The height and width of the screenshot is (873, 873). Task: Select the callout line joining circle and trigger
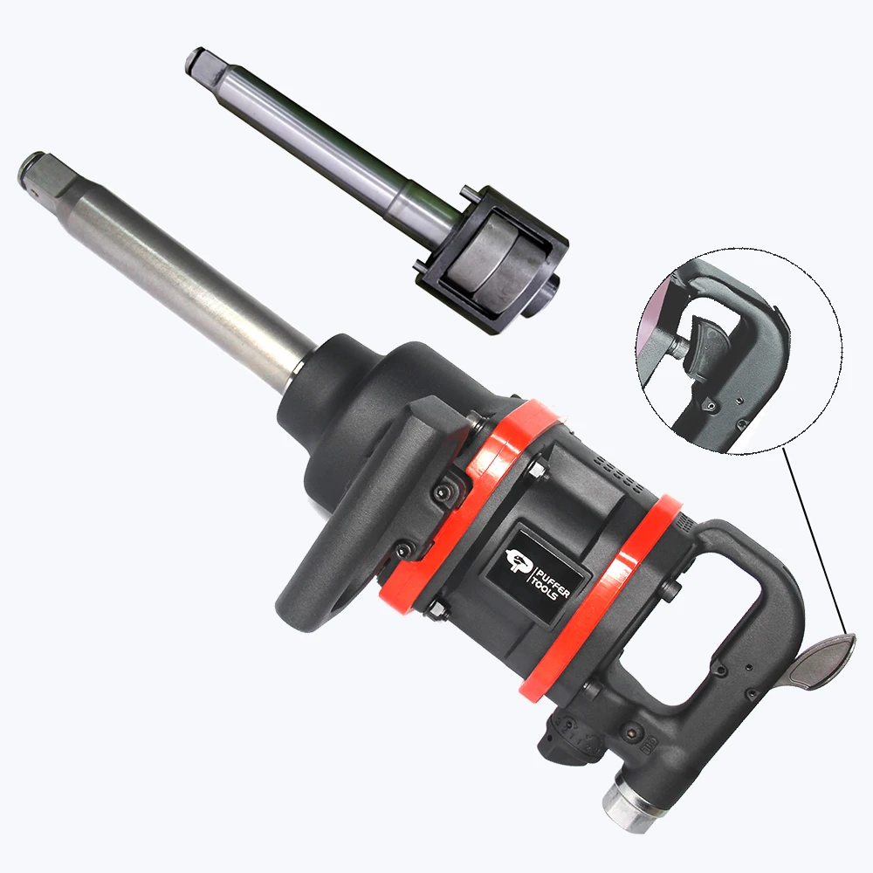tap(812, 541)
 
